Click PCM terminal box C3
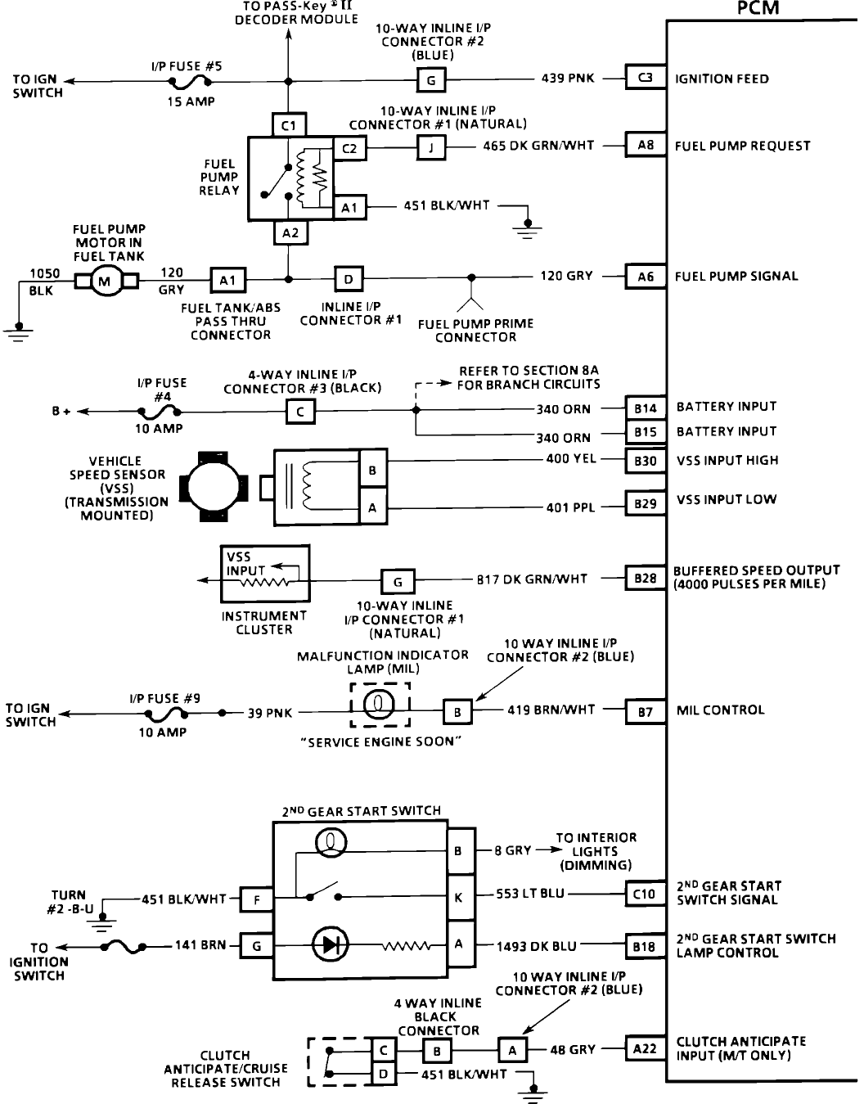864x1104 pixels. tap(645, 77)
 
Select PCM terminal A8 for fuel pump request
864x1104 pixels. tap(645, 146)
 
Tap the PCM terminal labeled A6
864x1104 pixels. tap(645, 277)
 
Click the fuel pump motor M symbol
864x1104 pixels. tap(106, 281)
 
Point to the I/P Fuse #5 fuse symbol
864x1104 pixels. tap(190, 81)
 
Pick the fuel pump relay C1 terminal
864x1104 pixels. tap(288, 125)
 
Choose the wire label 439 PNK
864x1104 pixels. tap(567, 79)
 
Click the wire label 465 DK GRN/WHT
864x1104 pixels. tap(538, 146)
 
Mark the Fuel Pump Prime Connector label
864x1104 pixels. tap(475, 331)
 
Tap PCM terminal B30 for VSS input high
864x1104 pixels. tap(645, 461)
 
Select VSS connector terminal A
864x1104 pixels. tap(373, 507)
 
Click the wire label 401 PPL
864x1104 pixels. tap(570, 507)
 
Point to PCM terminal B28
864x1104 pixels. tap(645, 578)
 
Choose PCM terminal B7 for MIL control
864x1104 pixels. tap(645, 712)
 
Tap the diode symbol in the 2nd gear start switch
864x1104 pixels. tap(331, 944)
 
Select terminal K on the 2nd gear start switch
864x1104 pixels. tap(461, 898)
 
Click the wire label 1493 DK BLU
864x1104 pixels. tap(537, 947)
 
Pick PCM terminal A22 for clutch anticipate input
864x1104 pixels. tap(645, 1048)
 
